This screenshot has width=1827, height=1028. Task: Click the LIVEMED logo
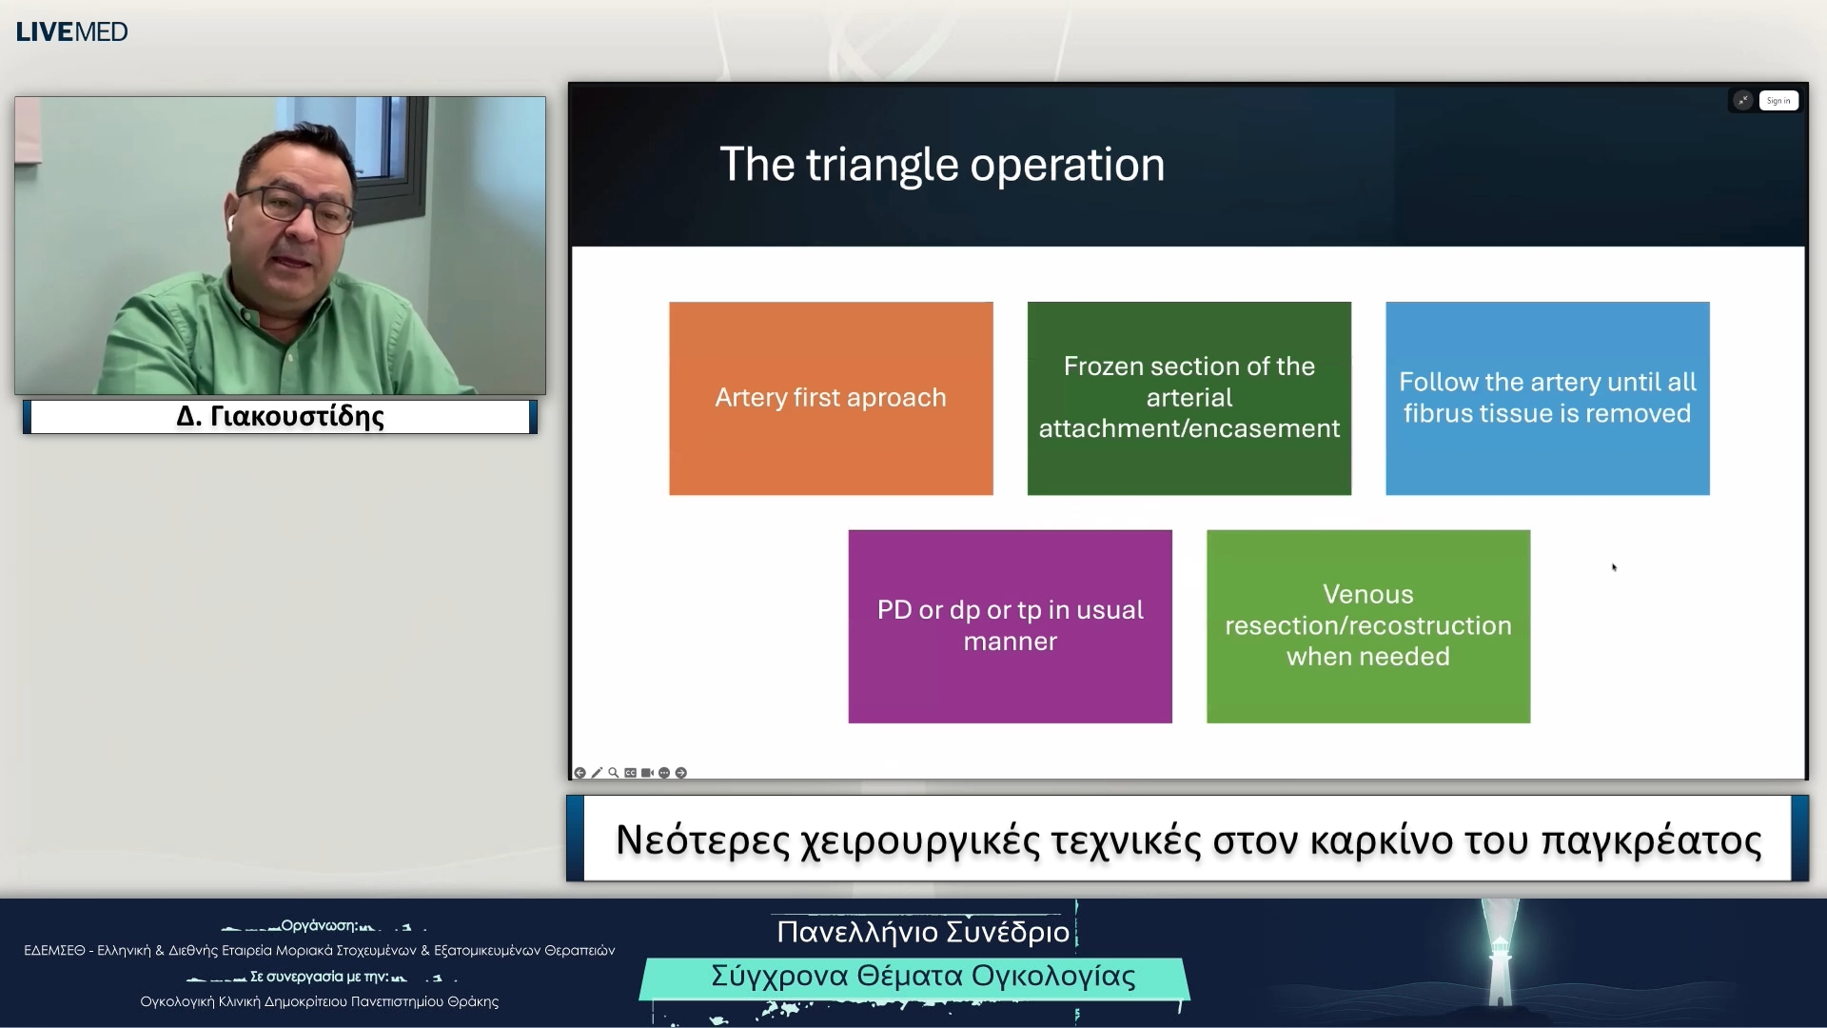(x=71, y=31)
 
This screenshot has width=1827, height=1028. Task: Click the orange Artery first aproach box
(x=831, y=398)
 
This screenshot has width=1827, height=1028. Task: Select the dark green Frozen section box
(x=1189, y=398)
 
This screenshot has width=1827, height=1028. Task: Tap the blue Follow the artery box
(x=1547, y=398)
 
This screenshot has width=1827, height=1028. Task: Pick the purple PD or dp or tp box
(x=1010, y=626)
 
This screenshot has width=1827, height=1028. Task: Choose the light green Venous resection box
(x=1367, y=626)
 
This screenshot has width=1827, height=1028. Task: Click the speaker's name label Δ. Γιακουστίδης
(x=280, y=417)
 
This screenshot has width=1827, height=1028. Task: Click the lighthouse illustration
(x=1501, y=957)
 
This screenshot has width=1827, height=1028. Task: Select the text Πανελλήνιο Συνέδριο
(x=922, y=931)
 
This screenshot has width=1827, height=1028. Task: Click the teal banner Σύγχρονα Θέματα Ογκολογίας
(x=922, y=977)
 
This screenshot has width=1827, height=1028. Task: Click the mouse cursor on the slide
(x=1614, y=567)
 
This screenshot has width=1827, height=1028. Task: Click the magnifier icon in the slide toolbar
(x=614, y=773)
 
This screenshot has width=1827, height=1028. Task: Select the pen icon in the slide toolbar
(x=597, y=773)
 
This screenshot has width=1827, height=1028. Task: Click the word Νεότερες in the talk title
(x=702, y=840)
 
